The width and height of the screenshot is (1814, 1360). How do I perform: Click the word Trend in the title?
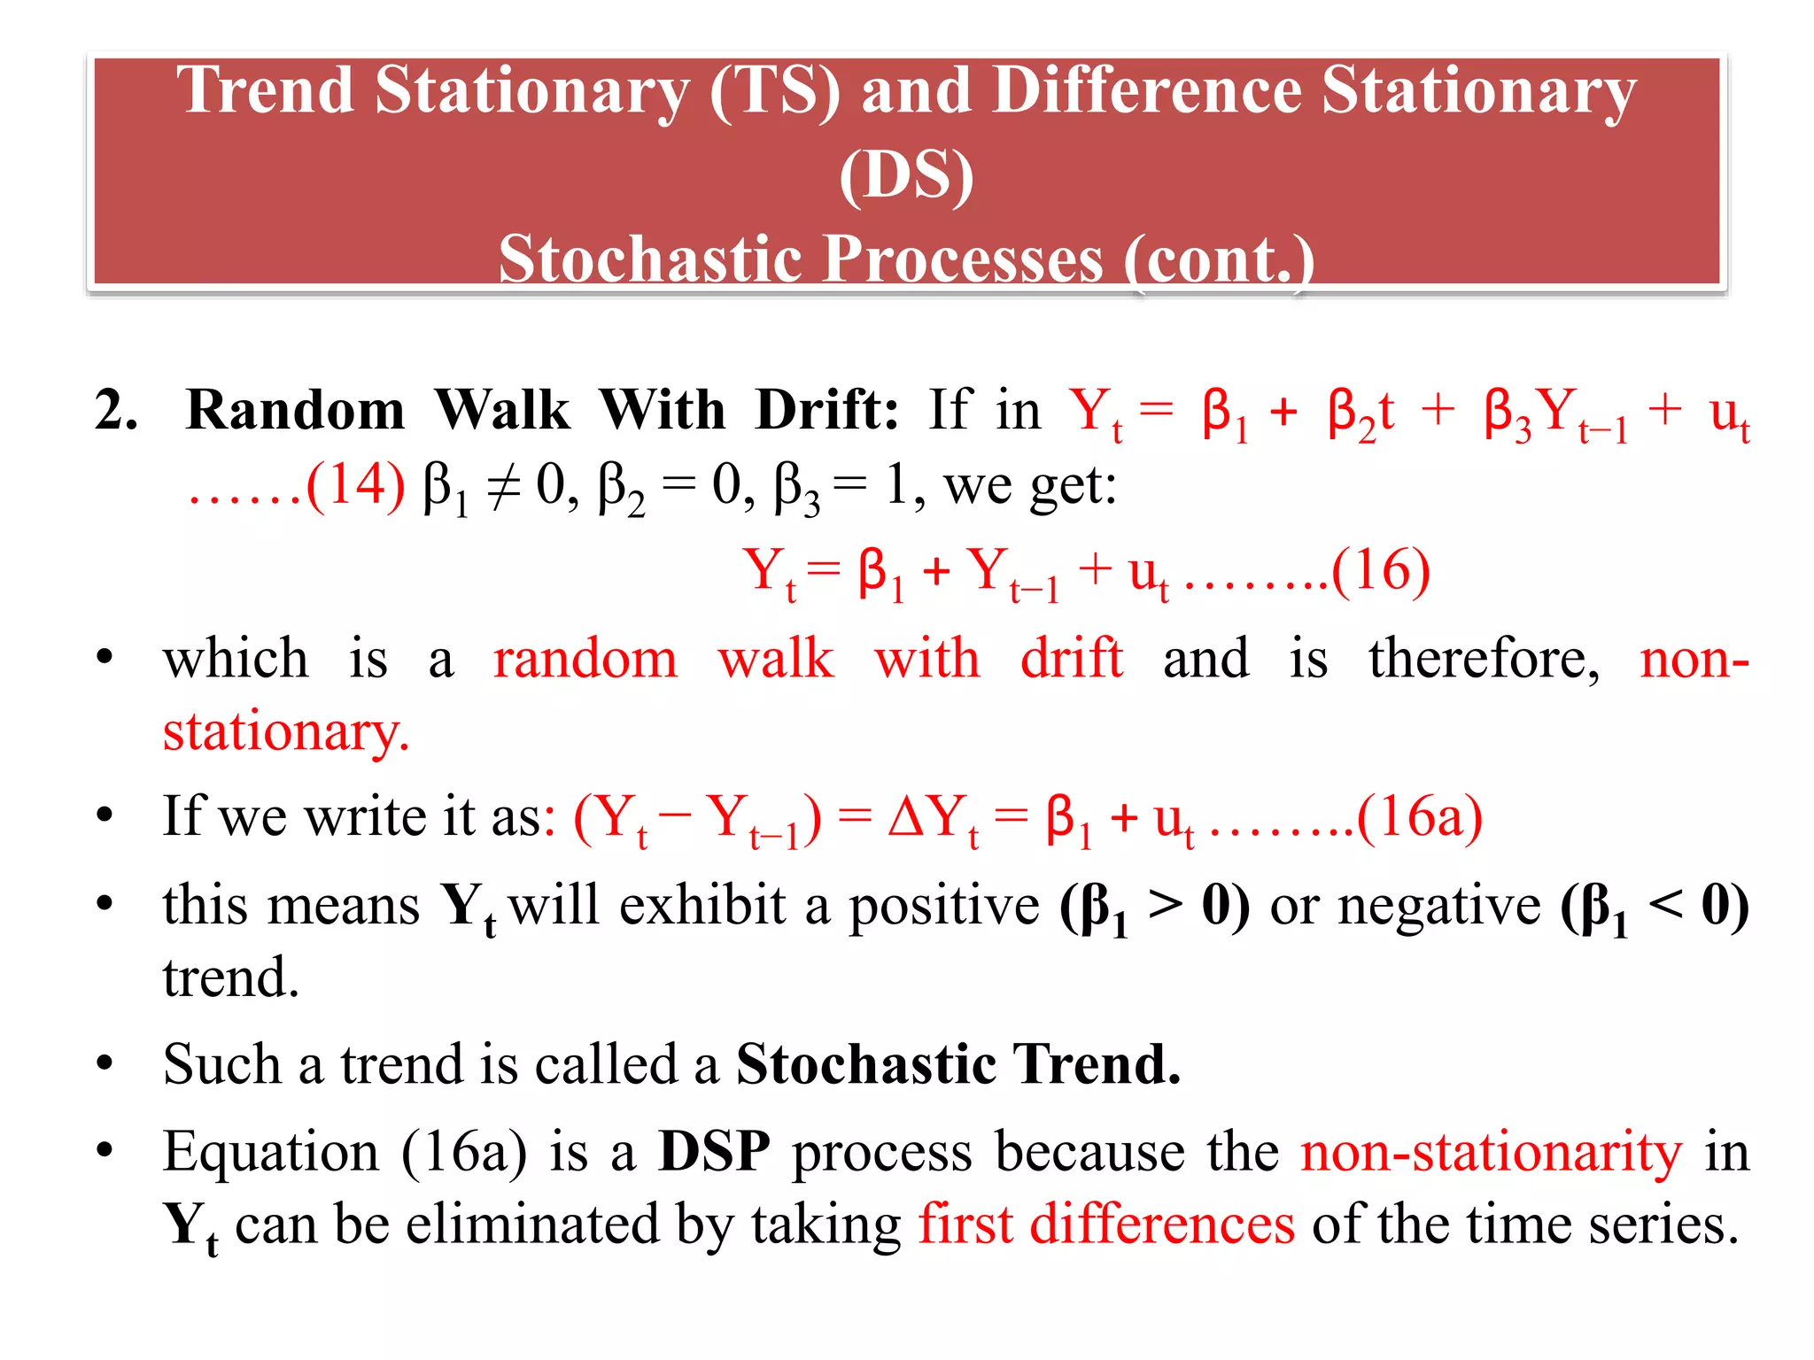[x=265, y=91]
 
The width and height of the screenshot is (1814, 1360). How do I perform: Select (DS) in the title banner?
[x=906, y=175]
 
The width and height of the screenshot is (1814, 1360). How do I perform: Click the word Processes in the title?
[x=965, y=259]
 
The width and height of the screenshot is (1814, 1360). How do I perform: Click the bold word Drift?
[x=826, y=410]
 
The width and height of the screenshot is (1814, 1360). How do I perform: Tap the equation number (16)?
[x=1380, y=569]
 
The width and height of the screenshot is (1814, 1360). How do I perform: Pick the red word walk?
[x=776, y=659]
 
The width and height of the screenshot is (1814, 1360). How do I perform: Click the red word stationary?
[x=285, y=732]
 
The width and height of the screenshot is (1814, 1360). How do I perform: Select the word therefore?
[x=1484, y=659]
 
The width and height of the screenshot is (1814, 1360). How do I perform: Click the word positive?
[x=945, y=906]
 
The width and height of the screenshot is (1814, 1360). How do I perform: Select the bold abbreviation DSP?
[x=714, y=1152]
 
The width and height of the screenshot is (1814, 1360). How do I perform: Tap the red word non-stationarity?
[x=1491, y=1152]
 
